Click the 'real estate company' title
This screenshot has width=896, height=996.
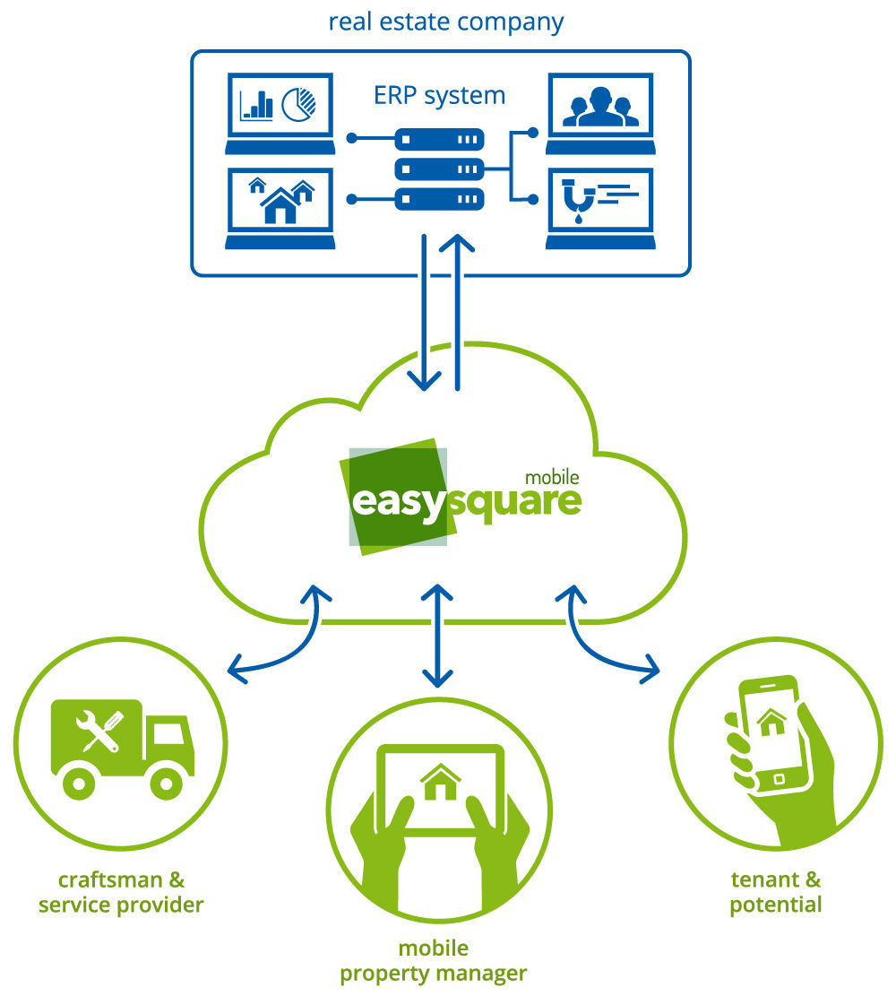(445, 22)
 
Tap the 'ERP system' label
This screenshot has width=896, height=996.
(439, 96)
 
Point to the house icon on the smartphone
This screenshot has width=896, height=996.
(771, 722)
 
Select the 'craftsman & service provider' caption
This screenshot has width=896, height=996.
(121, 892)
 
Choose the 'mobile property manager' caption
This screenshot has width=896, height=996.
(434, 960)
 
